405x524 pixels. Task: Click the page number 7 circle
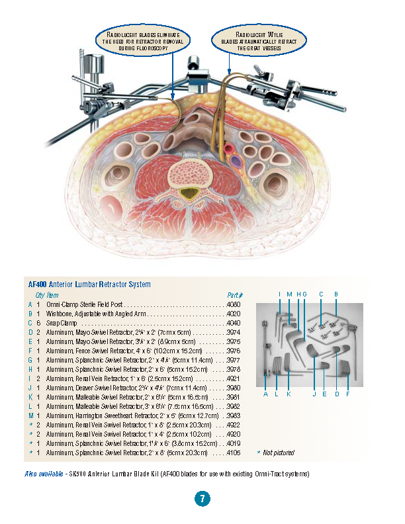(x=202, y=499)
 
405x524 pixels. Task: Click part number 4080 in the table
(x=234, y=304)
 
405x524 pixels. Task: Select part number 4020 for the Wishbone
(x=234, y=313)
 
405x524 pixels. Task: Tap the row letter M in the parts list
(x=30, y=415)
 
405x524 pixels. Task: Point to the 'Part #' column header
(x=235, y=294)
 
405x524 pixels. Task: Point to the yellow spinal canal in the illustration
(x=191, y=194)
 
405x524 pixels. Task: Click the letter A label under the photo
(x=265, y=394)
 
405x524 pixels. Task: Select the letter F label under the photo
(x=347, y=394)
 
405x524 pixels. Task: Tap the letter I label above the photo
(x=279, y=293)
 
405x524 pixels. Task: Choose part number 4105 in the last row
(x=234, y=453)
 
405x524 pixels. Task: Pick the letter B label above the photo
(x=336, y=293)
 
